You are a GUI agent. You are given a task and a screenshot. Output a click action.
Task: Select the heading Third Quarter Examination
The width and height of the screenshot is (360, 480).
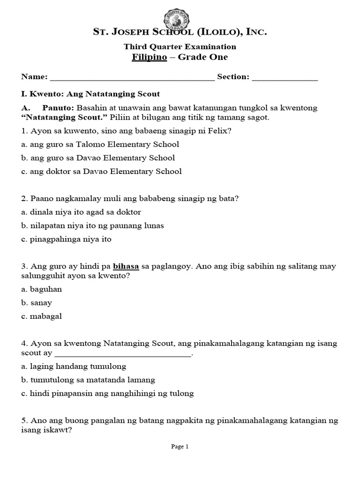[180, 46]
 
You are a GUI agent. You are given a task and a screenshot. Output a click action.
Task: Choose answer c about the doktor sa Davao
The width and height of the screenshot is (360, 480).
[101, 171]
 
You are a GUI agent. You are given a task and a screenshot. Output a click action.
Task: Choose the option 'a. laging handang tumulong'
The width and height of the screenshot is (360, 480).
[74, 366]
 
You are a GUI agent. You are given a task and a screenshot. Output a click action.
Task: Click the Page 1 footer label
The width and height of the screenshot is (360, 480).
[180, 447]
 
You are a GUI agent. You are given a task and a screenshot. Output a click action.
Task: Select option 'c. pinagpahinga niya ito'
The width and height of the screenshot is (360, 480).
[66, 239]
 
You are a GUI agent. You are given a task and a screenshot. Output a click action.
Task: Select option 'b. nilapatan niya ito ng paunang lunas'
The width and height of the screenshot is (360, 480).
[92, 225]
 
